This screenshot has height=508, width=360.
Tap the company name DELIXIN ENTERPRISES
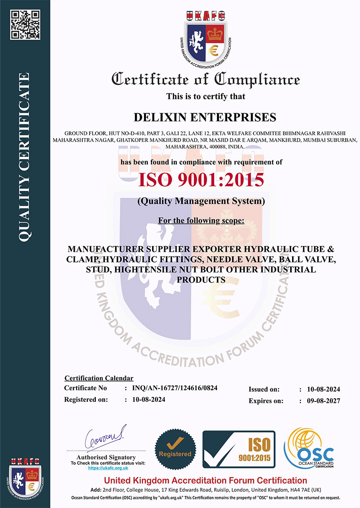pos(205,117)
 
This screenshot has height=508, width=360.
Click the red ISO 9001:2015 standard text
pos(201,179)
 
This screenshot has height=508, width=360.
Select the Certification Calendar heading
pos(99,378)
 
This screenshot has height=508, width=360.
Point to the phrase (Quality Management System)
pos(201,201)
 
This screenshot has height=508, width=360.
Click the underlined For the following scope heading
pos(201,221)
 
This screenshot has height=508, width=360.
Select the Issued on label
pos(264,389)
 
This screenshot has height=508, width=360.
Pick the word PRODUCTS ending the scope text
pos(201,280)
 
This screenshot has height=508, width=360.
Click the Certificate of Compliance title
pos(205,79)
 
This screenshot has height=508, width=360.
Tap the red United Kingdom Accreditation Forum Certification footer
pos(205,481)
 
